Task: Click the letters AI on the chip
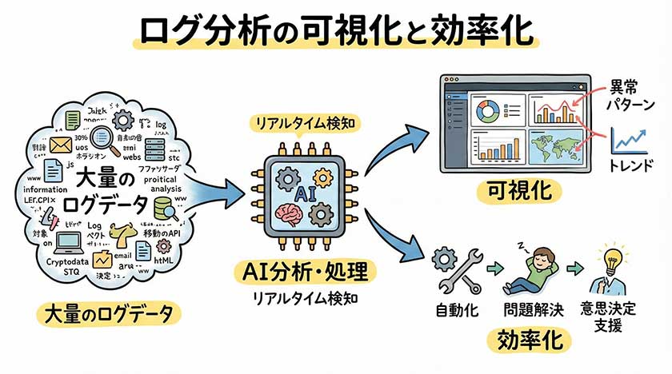click(304, 193)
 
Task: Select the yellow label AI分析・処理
click(305, 273)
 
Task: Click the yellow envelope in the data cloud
click(60, 145)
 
